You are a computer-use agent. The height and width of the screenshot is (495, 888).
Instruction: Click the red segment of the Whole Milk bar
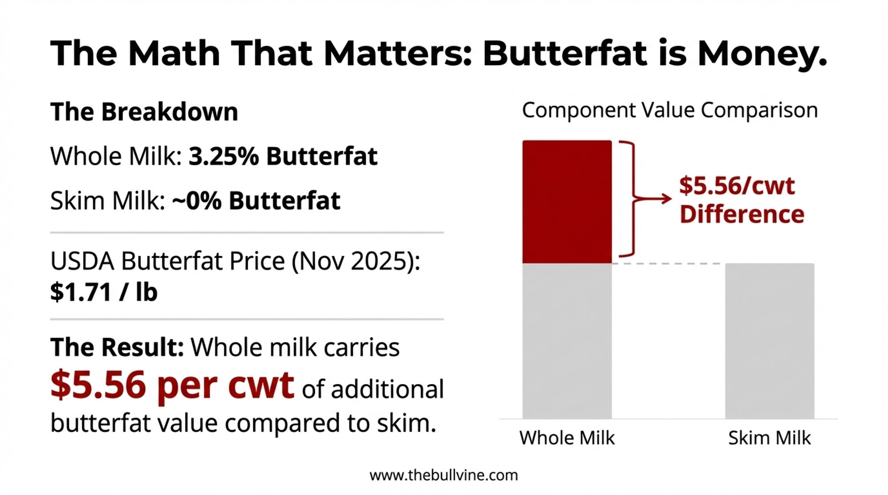tap(567, 202)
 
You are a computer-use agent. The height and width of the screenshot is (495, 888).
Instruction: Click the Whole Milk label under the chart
tap(567, 438)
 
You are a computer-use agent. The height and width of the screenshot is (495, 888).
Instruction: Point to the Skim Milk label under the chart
tap(769, 438)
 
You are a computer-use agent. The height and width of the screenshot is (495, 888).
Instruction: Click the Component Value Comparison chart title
tap(669, 110)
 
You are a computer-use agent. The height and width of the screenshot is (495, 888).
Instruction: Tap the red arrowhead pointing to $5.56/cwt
tap(666, 199)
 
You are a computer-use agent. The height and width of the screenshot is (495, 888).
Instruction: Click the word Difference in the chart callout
tap(741, 215)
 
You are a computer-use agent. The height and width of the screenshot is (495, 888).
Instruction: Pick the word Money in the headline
tap(762, 54)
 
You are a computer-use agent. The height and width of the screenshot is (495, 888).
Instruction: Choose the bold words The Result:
tap(117, 347)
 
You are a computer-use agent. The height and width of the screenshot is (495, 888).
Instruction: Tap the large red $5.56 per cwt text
tap(172, 385)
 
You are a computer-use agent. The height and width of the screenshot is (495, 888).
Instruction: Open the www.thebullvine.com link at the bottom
tap(444, 475)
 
